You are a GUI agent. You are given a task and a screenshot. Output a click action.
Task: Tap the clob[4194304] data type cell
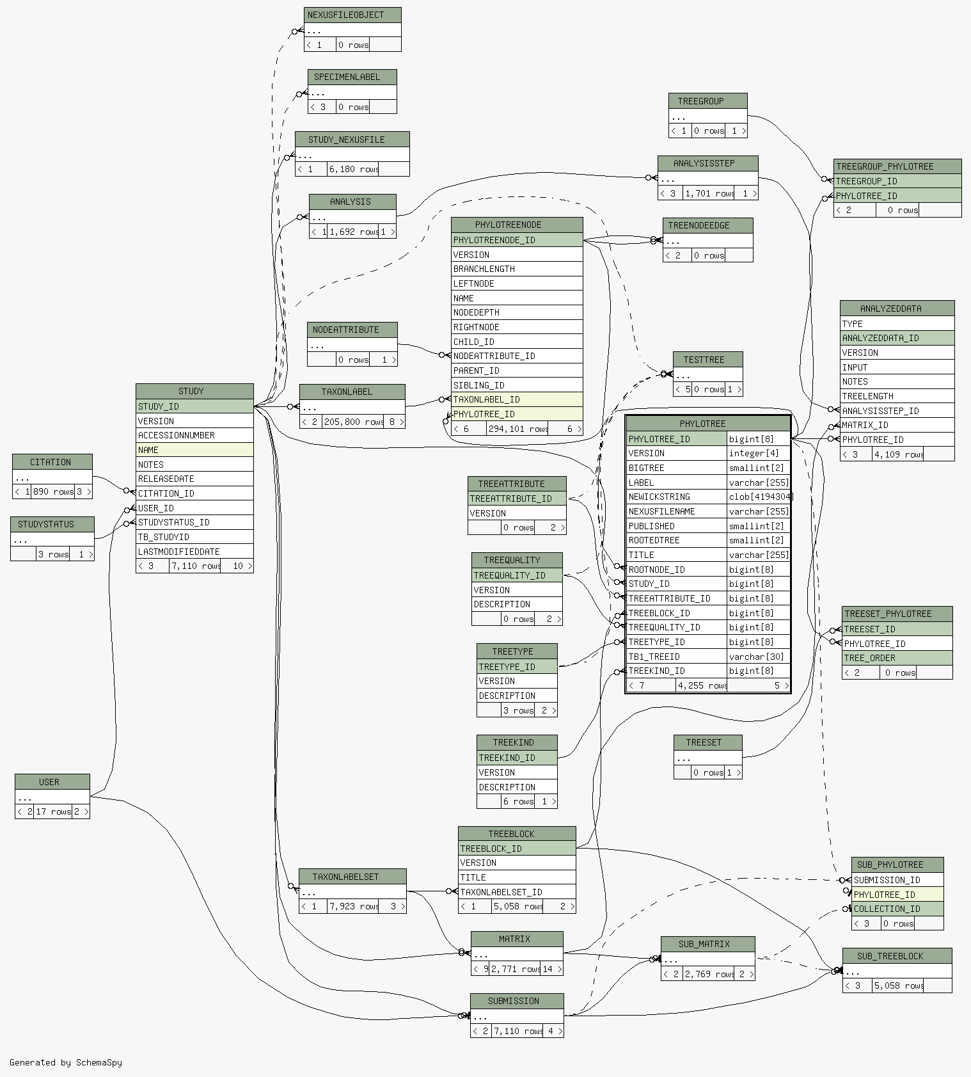[x=759, y=497]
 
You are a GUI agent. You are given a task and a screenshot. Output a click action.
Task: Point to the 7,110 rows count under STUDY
[x=195, y=566]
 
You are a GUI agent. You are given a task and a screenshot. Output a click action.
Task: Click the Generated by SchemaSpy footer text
[x=66, y=1062]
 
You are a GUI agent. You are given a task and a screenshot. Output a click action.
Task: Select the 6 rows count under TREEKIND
[x=518, y=801]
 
